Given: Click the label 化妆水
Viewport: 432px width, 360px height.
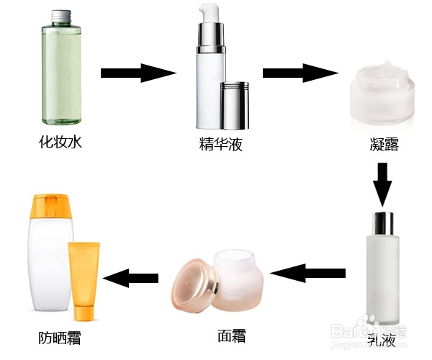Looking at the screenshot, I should (61, 143).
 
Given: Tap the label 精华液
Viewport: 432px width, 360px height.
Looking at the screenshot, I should (221, 145).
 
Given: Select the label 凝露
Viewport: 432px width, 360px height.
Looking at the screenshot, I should (380, 145).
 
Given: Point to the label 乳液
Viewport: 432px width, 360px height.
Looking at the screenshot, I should (382, 338).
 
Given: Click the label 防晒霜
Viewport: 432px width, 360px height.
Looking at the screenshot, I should (60, 337).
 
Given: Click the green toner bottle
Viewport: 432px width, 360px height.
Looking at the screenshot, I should (61, 76).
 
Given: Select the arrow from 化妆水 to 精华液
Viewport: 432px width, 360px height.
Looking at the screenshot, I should (138, 73).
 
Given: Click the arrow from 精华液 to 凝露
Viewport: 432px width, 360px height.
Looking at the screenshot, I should (300, 73).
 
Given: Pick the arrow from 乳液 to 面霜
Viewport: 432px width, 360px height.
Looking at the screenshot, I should (307, 273).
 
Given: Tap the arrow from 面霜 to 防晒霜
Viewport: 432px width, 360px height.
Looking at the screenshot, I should (131, 277).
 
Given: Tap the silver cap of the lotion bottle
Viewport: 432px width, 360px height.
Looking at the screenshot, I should (382, 224).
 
